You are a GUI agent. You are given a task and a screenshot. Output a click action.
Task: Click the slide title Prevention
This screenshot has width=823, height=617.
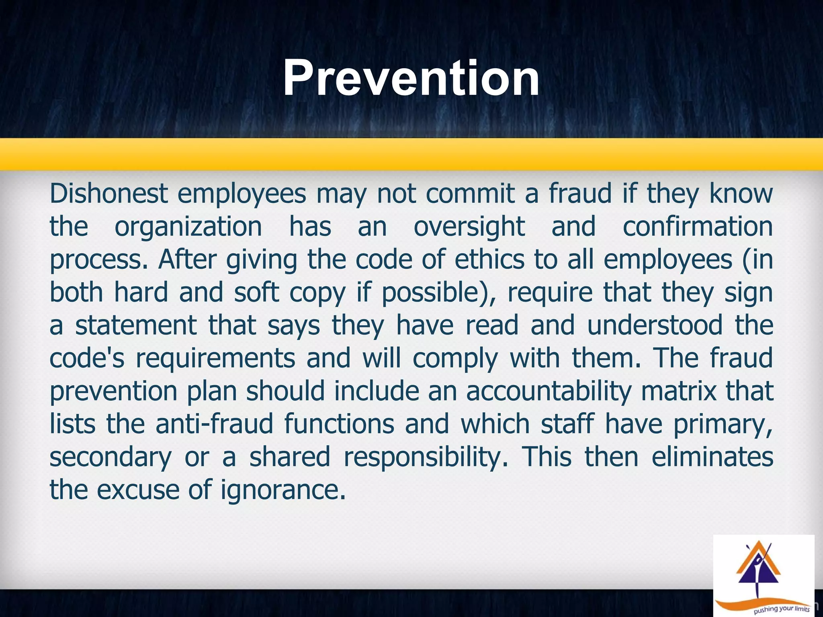click(411, 78)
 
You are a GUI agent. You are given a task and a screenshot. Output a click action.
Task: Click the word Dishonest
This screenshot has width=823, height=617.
click(109, 194)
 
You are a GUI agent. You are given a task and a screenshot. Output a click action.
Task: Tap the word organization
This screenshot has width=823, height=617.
click(188, 227)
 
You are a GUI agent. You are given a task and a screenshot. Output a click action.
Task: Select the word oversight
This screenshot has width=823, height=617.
click(469, 227)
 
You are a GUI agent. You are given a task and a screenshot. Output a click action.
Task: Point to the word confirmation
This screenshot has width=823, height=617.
click(698, 227)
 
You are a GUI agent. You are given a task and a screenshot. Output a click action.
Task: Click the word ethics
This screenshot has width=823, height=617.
click(489, 259)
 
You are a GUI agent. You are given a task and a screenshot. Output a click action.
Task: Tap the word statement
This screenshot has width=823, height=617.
click(136, 325)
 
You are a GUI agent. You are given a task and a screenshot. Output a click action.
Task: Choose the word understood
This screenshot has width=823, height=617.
click(655, 325)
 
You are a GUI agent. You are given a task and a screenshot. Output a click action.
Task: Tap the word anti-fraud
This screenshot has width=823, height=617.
click(214, 424)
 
